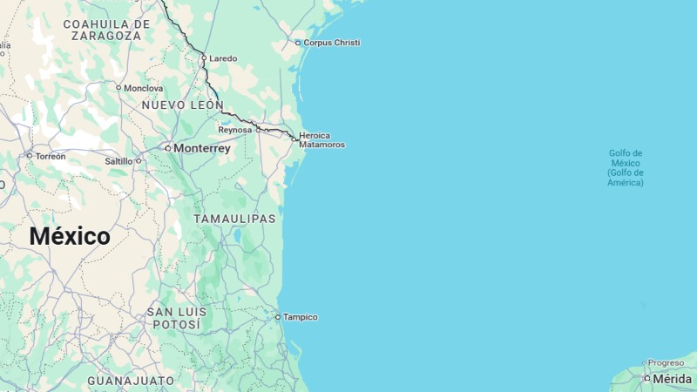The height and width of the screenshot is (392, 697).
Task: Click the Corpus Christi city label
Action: pyautogui.click(x=331, y=43)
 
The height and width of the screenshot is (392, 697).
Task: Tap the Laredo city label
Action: pyautogui.click(x=223, y=58)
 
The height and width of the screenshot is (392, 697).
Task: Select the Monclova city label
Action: pyautogui.click(x=143, y=88)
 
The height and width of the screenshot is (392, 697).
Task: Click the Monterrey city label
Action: pyautogui.click(x=201, y=149)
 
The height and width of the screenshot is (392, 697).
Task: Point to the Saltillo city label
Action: pyautogui.click(x=118, y=161)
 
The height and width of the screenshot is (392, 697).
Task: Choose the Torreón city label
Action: pyautogui.click(x=51, y=156)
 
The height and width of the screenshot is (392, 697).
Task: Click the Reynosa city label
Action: pyautogui.click(x=234, y=130)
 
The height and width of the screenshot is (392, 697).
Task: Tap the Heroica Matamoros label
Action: pyautogui.click(x=321, y=139)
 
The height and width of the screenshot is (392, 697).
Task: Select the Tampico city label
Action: pyautogui.click(x=300, y=317)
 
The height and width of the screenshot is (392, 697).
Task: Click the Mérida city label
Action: pyautogui.click(x=672, y=379)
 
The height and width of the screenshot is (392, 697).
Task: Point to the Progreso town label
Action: pyautogui.click(x=666, y=363)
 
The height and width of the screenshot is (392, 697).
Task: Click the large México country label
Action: pyautogui.click(x=70, y=236)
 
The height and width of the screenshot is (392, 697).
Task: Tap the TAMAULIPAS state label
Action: pyautogui.click(x=234, y=219)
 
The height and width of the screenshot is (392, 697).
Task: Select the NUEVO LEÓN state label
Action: pyautogui.click(x=182, y=105)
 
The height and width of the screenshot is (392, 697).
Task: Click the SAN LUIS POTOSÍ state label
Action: pyautogui.click(x=177, y=318)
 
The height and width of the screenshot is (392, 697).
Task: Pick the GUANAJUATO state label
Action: pyautogui.click(x=131, y=382)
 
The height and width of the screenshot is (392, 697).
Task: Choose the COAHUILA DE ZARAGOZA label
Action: pyautogui.click(x=107, y=30)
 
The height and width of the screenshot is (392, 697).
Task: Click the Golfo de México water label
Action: pyautogui.click(x=626, y=168)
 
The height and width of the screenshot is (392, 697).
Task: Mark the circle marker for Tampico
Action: pyautogui.click(x=278, y=317)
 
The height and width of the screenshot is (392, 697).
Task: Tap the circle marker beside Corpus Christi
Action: pyautogui.click(x=298, y=43)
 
